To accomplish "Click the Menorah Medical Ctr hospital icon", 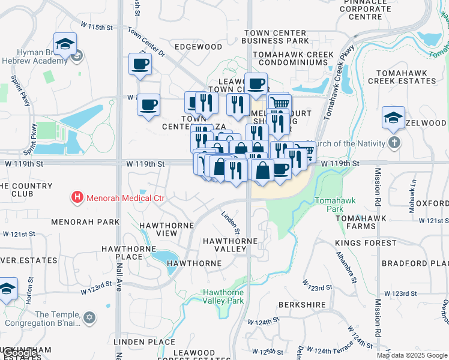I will click(x=77, y=196).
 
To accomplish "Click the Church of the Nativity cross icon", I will click(x=394, y=143).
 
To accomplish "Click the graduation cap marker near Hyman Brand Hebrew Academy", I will click(x=65, y=44).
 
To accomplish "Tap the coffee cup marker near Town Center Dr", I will click(x=141, y=64).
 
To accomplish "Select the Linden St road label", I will click(x=231, y=222).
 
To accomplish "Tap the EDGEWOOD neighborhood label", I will click(x=198, y=47).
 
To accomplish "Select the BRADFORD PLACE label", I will click(x=415, y=263).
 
